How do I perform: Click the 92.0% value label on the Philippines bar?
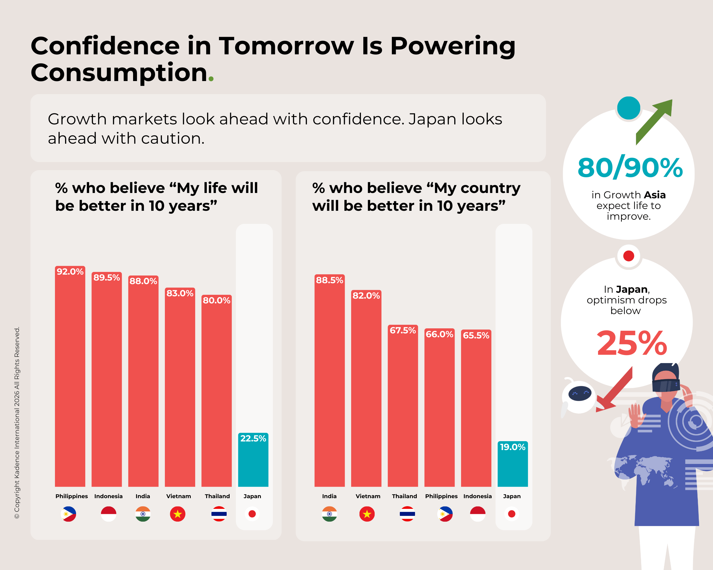click(x=70, y=272)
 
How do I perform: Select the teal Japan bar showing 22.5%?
click(x=253, y=460)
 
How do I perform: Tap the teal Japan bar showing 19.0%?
click(x=512, y=464)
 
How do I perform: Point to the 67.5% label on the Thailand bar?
click(x=403, y=330)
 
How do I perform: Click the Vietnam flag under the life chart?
click(x=178, y=514)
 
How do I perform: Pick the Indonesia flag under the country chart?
click(x=477, y=514)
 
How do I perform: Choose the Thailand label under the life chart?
click(x=217, y=496)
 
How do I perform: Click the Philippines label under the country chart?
click(x=441, y=496)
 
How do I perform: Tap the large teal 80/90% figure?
click(x=630, y=167)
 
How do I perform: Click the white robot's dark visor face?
click(x=580, y=393)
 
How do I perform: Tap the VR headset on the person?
click(x=666, y=385)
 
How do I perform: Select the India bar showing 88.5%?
click(x=329, y=380)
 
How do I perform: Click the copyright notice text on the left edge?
click(x=17, y=423)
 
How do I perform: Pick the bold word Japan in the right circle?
click(x=632, y=289)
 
